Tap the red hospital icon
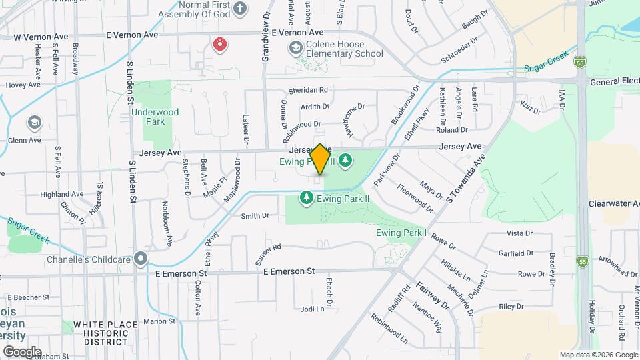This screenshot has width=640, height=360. (219, 45)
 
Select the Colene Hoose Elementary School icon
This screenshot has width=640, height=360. (295, 48)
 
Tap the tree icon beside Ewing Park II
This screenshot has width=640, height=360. (306, 198)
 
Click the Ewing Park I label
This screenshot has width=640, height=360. (401, 233)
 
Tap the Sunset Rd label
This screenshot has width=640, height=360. (268, 255)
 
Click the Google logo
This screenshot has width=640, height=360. (21, 351)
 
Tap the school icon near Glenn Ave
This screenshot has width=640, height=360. (33, 123)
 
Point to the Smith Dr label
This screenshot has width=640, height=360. (255, 215)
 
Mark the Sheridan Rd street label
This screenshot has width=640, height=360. (308, 90)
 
